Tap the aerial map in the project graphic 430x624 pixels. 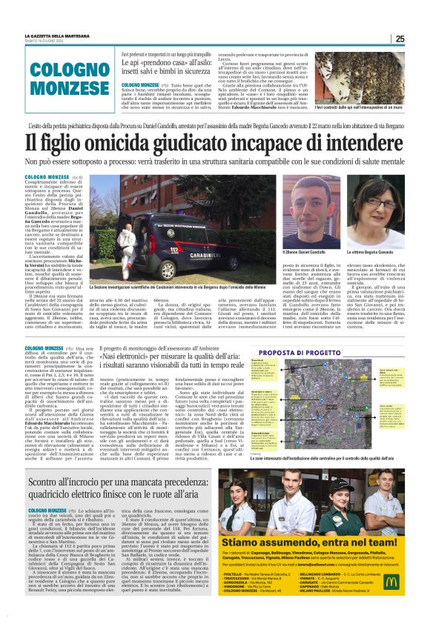point(325,394)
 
